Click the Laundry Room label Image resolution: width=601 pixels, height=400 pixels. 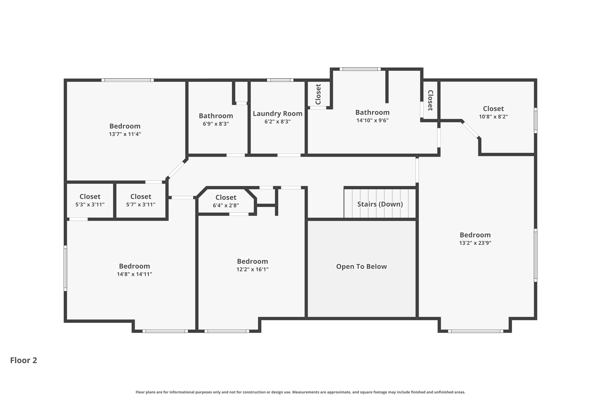[x=277, y=114]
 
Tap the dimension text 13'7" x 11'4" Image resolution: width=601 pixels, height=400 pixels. [x=125, y=134]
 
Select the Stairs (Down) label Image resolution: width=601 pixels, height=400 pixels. [x=380, y=204]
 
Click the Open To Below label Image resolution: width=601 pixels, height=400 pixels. [x=361, y=267]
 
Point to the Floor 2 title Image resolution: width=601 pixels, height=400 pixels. [x=23, y=360]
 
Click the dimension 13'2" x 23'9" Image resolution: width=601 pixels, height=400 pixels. [x=475, y=243]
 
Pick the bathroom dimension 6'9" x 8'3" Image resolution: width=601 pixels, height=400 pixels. [x=216, y=124]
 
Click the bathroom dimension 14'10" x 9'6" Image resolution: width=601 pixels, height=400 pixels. [x=372, y=120]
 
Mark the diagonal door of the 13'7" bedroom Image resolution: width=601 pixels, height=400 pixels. [x=176, y=169]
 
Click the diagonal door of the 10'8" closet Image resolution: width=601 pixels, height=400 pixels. [x=471, y=130]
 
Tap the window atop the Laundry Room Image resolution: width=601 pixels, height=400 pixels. [x=280, y=80]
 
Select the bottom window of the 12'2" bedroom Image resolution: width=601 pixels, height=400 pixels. [x=227, y=331]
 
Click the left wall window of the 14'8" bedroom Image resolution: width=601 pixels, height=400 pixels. [x=65, y=268]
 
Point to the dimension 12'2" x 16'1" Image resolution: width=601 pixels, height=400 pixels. [x=252, y=269]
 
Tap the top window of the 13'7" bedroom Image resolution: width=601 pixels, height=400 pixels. [x=128, y=80]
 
